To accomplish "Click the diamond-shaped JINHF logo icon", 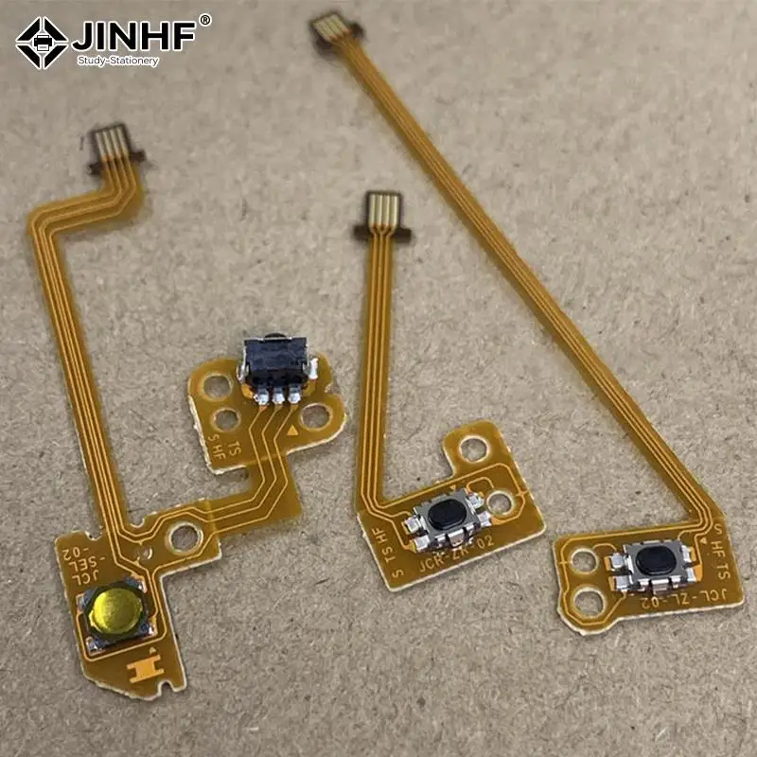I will click(x=42, y=43).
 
